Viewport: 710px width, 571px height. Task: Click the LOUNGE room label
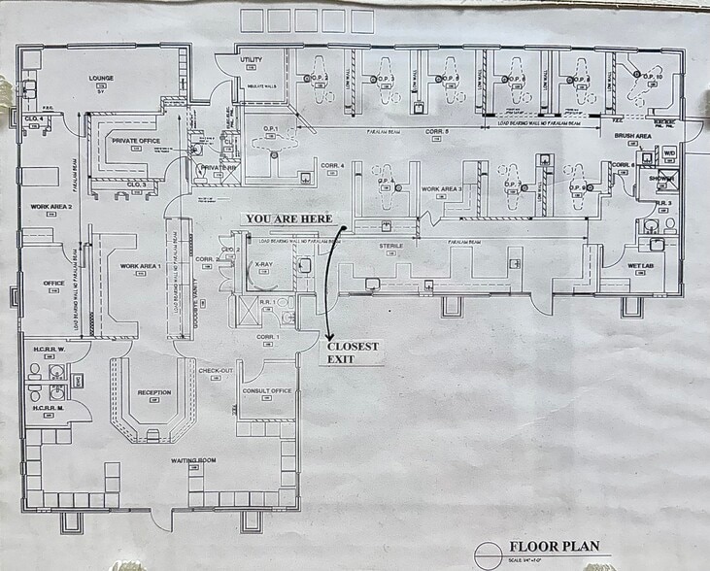[x=102, y=77]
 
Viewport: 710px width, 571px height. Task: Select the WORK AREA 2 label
[x=51, y=207]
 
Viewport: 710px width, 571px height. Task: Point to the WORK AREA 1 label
[x=139, y=265]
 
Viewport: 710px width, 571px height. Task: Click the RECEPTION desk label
[x=154, y=392]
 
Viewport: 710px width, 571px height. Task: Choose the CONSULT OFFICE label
[x=268, y=390]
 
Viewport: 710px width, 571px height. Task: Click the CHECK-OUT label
[x=215, y=370]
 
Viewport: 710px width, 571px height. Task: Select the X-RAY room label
[x=263, y=264]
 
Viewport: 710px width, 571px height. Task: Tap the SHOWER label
[x=663, y=178]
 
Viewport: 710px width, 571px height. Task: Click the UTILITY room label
[x=252, y=60]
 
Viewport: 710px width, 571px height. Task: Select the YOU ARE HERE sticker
[x=288, y=218]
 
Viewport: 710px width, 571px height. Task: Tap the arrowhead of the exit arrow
[x=325, y=332]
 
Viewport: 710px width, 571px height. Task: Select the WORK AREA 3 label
[x=441, y=188]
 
